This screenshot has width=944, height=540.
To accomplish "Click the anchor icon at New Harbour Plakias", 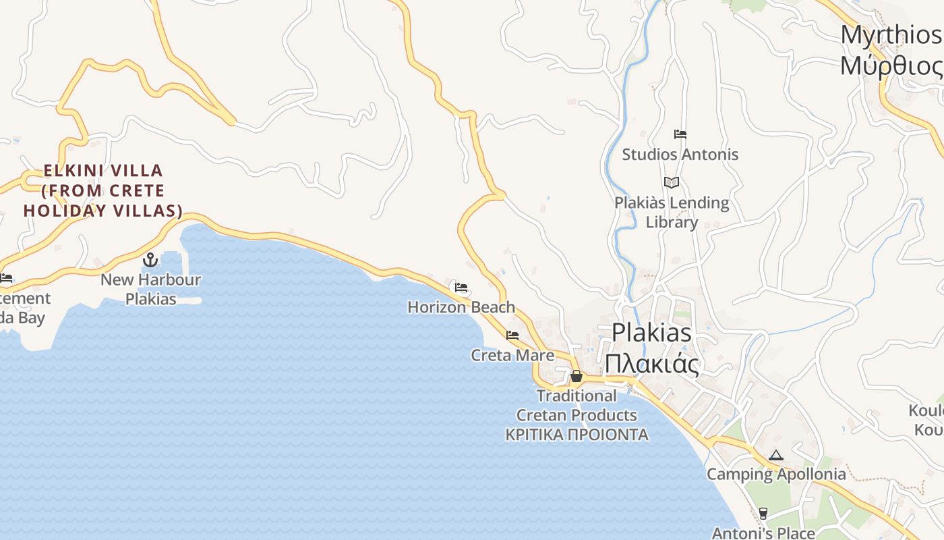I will tap(150, 259).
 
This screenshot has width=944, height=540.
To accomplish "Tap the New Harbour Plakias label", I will tap(150, 289).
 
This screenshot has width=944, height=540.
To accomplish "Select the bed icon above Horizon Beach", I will tap(461, 288).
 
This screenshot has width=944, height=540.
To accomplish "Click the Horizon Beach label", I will tap(461, 307).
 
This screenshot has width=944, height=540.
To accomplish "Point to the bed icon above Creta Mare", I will tap(512, 335).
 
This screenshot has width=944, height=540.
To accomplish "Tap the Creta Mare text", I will tap(512, 355).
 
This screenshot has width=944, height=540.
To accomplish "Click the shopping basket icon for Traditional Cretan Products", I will tap(577, 376).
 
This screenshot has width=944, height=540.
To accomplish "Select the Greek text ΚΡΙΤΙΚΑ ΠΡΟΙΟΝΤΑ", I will tap(577, 435).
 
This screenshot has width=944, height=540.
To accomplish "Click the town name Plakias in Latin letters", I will tap(651, 333).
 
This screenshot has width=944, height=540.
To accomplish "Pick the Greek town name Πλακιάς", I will tap(651, 364).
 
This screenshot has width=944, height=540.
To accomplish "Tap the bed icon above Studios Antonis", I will tap(680, 134).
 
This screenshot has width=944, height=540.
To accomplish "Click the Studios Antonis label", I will tap(680, 155).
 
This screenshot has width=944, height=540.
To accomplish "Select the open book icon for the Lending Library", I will tap(671, 182).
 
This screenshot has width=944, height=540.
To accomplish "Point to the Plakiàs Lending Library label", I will tap(672, 212).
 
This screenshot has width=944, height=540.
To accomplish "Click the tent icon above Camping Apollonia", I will tap(776, 455).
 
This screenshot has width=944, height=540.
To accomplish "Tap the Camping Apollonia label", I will tap(776, 474).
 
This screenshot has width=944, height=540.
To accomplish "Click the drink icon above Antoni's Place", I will tap(763, 514).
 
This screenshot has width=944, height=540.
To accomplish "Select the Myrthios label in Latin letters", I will tap(890, 35).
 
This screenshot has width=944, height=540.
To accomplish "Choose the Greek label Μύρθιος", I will tap(890, 66).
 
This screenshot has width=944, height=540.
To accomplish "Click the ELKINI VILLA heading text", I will tap(103, 170).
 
